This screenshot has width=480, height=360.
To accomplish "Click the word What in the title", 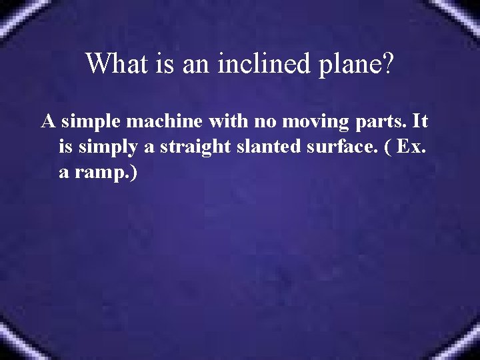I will pos(114,64).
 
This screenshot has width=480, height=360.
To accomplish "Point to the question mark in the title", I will pos(387,64).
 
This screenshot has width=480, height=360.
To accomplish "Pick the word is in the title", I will pos(161,64).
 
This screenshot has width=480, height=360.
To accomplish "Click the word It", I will pos(420,123).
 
